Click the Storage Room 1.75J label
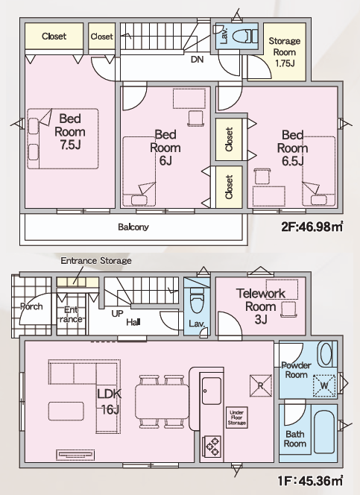point(284,52)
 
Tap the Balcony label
point(133,227)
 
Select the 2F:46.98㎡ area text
point(312,227)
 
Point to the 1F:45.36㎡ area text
point(310,481)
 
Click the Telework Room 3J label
point(261,306)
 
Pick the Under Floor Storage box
point(236,417)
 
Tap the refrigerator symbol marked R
point(261,385)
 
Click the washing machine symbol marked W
point(324,385)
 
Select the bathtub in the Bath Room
point(324,432)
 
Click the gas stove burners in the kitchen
point(212,446)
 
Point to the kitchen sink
point(212,391)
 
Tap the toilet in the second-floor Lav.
point(244,36)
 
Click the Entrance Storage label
point(96,261)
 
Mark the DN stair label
point(198,60)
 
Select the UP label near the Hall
point(117,314)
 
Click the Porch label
point(31,306)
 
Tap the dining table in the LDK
point(162,402)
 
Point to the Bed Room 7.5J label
point(70,132)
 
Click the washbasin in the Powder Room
point(326,354)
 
